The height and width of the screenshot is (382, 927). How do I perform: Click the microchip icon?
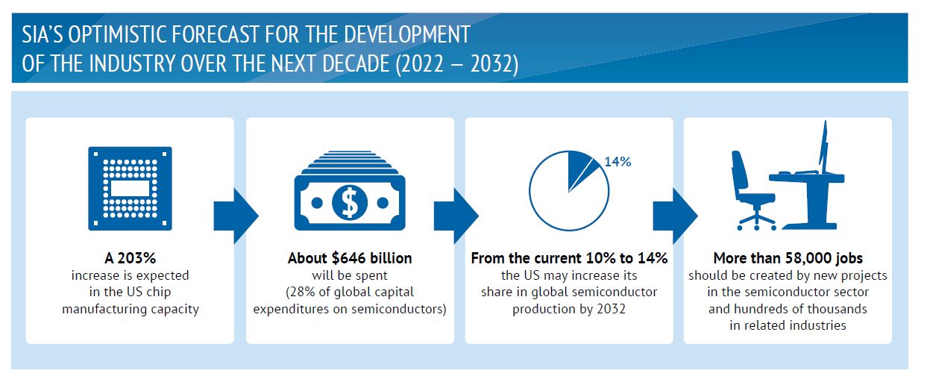click(130, 188)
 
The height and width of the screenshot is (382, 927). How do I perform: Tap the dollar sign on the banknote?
click(350, 202)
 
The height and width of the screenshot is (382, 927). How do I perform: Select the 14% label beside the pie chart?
click(618, 161)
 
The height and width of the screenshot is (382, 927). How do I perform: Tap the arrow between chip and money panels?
click(236, 216)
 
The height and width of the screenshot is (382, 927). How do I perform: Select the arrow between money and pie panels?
click(456, 216)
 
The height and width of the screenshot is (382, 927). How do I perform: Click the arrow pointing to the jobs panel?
click(676, 216)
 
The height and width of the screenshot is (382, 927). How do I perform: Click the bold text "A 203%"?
click(130, 258)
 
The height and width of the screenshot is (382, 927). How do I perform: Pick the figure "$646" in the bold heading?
click(349, 258)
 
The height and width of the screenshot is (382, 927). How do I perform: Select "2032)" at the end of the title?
click(494, 64)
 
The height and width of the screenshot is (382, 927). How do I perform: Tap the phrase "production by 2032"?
click(569, 309)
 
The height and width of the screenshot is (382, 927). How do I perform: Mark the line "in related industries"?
click(788, 325)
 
